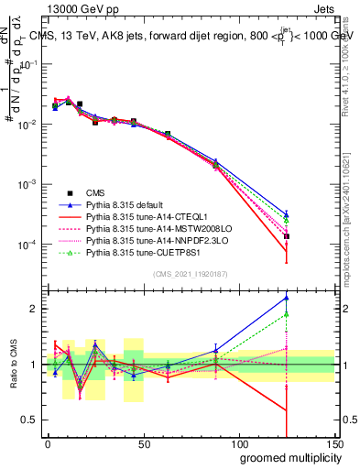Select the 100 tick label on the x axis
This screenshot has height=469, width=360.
238,443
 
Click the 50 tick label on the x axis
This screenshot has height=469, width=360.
143,443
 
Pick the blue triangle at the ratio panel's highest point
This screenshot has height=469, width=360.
287,297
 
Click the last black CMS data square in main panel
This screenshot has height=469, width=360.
287,236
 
